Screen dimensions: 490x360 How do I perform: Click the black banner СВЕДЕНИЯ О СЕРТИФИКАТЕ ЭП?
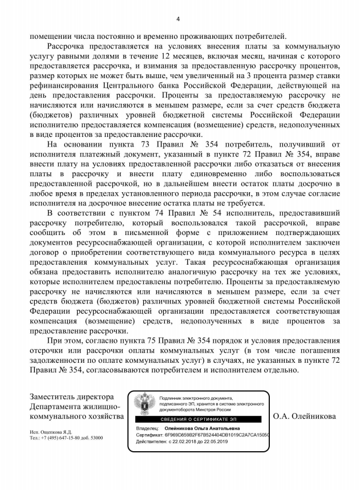(199, 419)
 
